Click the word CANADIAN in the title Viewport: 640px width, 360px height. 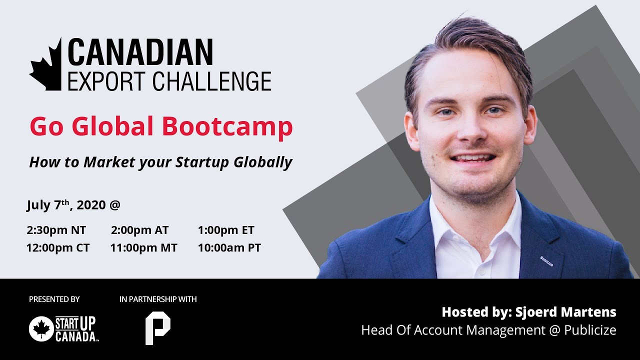(x=140, y=52)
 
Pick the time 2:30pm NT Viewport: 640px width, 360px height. (x=56, y=230)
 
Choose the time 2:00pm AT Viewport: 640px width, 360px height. (x=140, y=230)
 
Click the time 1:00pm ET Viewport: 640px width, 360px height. (x=226, y=230)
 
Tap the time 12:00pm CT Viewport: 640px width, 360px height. (x=58, y=248)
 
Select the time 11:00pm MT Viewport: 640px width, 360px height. (x=143, y=248)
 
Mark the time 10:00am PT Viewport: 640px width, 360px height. (x=229, y=248)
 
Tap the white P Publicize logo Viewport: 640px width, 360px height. (x=157, y=328)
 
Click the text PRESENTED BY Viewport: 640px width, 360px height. (x=54, y=299)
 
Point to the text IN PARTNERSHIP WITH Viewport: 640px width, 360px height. (x=158, y=299)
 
